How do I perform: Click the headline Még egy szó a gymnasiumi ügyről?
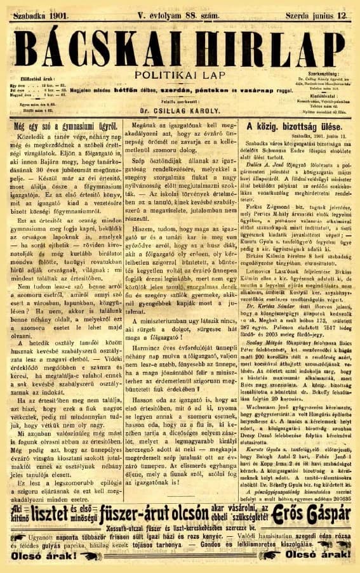point(63,126)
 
